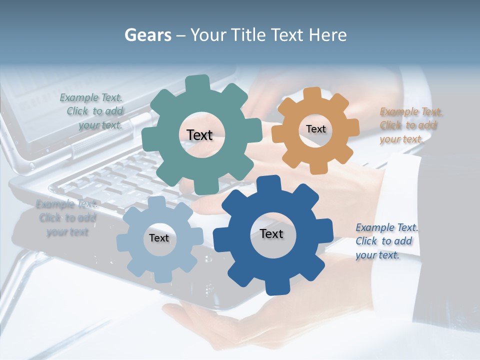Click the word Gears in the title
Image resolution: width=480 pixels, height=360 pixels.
(147, 35)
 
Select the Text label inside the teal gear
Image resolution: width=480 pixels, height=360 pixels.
(199, 135)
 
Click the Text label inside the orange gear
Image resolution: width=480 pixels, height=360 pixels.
(315, 129)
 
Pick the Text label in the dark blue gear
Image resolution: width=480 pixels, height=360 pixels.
(271, 233)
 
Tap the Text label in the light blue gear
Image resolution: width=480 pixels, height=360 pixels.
(159, 238)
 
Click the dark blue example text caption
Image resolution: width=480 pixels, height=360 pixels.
(386, 241)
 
